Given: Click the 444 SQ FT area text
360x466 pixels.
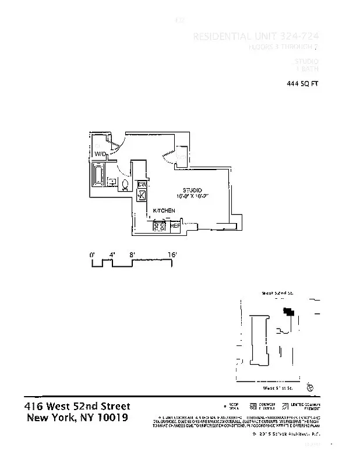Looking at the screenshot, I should coord(302,84).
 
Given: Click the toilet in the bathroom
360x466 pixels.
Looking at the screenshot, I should coord(125,186).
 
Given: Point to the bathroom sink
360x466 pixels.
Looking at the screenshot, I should coord(111,182).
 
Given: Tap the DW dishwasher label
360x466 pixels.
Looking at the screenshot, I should coord(142,185).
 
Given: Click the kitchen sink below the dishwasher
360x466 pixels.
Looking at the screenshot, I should coord(141,195).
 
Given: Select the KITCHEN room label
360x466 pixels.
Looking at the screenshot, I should coord(164,210).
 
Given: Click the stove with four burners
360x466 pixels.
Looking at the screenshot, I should coord(159,226).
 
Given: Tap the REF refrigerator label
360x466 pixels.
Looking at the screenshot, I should coord(175,225).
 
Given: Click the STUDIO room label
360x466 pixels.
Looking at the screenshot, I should coord(192,190).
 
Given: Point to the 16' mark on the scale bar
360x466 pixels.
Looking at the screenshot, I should coord(172,255).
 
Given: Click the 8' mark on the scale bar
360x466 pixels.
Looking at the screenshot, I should coord(132,255).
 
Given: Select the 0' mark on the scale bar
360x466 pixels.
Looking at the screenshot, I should coord(92,255).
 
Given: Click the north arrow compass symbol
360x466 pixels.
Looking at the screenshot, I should coord(310,386).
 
